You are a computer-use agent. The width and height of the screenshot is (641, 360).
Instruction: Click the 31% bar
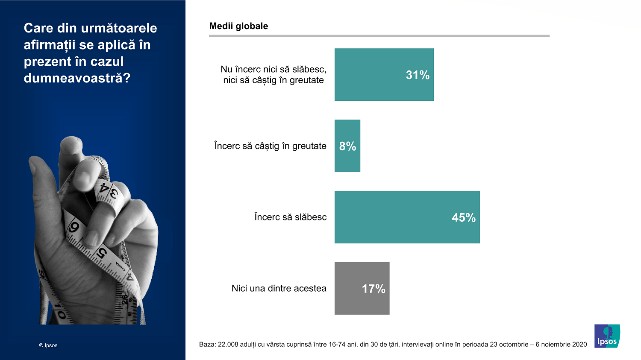[384, 74]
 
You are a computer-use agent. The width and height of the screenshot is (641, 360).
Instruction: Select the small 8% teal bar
[347, 146]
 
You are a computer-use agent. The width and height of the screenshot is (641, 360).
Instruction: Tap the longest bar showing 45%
[407, 217]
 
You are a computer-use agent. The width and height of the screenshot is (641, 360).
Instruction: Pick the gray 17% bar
[362, 288]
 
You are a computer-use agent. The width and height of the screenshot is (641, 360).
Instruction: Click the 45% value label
[464, 218]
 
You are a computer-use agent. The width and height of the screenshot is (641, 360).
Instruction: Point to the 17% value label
[373, 289]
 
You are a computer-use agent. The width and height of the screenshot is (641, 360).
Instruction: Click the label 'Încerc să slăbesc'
[291, 217]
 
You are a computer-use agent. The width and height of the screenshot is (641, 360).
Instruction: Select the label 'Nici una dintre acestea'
[279, 288]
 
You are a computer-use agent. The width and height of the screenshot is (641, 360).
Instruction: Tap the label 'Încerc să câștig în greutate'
[270, 146]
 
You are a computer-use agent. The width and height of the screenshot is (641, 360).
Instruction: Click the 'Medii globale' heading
[238, 26]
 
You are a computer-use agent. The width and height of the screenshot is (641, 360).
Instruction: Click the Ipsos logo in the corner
[607, 336]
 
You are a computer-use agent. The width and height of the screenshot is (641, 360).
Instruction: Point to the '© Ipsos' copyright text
[48, 345]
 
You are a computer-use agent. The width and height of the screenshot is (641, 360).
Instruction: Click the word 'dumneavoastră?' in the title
[77, 78]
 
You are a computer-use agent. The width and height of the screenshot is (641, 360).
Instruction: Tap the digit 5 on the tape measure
[101, 253]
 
